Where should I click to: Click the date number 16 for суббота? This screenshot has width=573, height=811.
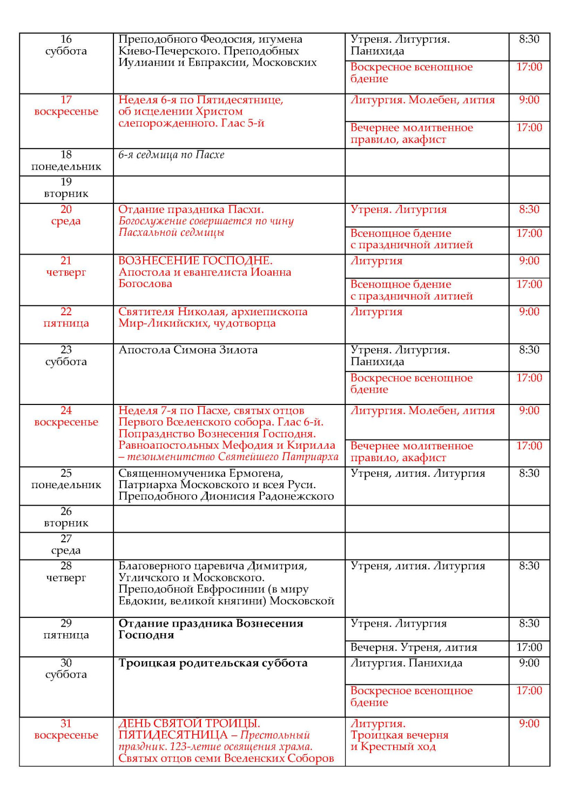[x=66, y=39]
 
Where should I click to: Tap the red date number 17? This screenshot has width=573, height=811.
[x=66, y=99]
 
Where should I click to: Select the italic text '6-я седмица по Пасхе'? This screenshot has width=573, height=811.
[x=171, y=155]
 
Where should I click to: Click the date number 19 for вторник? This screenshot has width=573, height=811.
[x=66, y=182]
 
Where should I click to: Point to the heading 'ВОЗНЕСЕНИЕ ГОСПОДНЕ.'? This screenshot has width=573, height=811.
[x=196, y=261]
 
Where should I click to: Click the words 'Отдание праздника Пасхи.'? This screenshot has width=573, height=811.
[x=191, y=209]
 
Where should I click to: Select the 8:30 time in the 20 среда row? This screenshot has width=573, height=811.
[x=529, y=209]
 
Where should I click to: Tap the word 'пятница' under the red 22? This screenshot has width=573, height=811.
[x=66, y=323]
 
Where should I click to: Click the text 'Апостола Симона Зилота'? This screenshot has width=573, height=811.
[x=188, y=350]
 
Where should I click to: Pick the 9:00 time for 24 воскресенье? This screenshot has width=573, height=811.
[x=529, y=410]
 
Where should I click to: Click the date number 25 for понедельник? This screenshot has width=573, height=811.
[x=66, y=473]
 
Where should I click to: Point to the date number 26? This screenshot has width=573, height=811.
[x=66, y=511]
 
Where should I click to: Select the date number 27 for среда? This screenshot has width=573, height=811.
[x=66, y=539]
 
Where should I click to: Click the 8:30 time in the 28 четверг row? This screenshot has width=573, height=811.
[x=529, y=566]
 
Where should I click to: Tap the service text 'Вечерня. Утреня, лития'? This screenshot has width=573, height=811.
[x=414, y=647]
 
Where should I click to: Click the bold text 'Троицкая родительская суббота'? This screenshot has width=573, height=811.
[x=213, y=663]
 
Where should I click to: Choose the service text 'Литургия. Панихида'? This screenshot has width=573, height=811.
[x=406, y=663]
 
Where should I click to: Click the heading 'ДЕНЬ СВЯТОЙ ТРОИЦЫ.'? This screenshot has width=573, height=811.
[x=189, y=723]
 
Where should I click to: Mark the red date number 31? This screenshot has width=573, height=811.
[x=66, y=723]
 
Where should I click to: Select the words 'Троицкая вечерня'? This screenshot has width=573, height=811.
[x=399, y=735]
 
